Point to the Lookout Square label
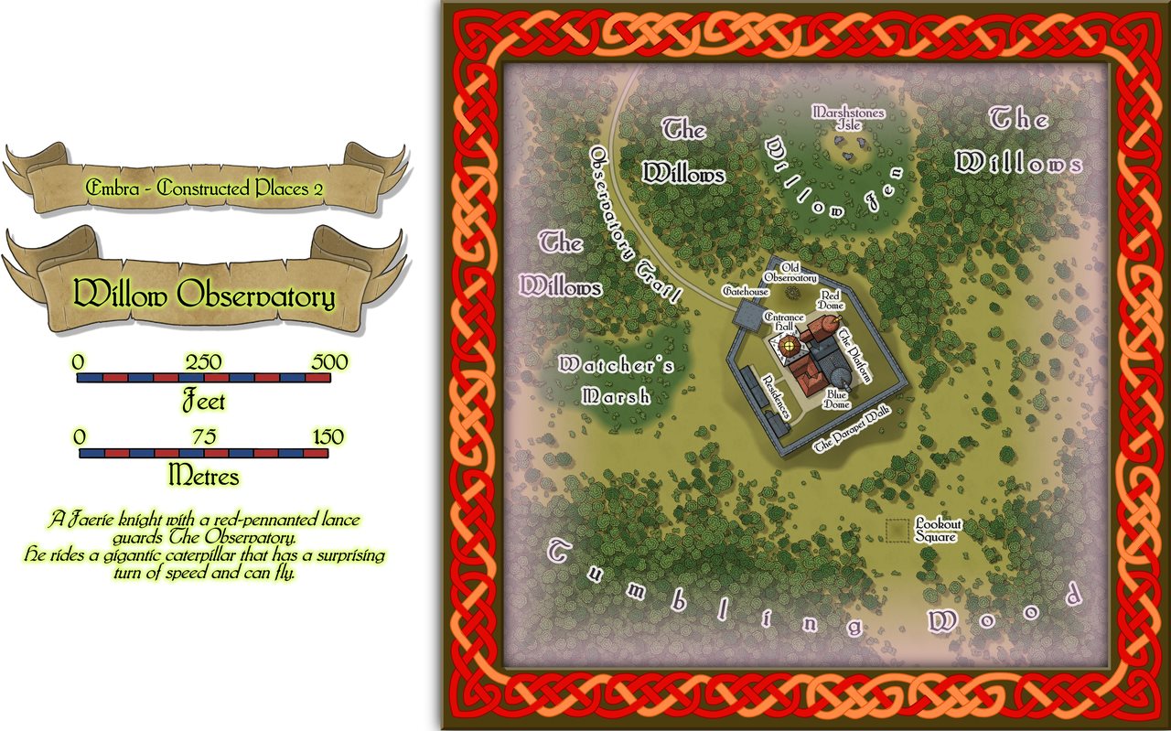click(939, 531)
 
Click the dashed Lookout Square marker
click(898, 531)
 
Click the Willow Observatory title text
click(204, 295)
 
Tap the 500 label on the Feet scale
click(329, 362)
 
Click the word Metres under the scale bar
click(204, 477)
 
